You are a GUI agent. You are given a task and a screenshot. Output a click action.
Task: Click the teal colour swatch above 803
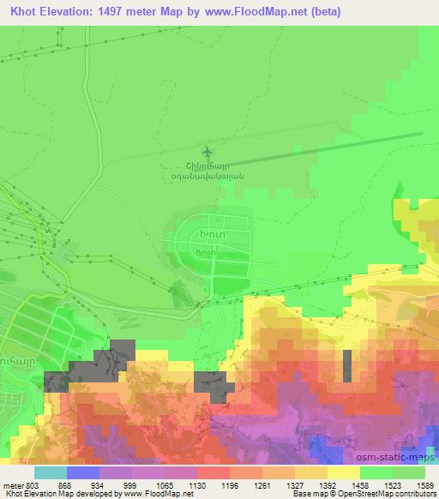tap(50, 472)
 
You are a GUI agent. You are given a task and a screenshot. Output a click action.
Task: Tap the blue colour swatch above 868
tap(82, 472)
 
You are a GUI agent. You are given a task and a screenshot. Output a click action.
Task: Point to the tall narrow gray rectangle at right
tap(347, 365)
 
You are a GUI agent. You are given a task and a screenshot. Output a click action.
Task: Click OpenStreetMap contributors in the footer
tap(381, 494)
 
